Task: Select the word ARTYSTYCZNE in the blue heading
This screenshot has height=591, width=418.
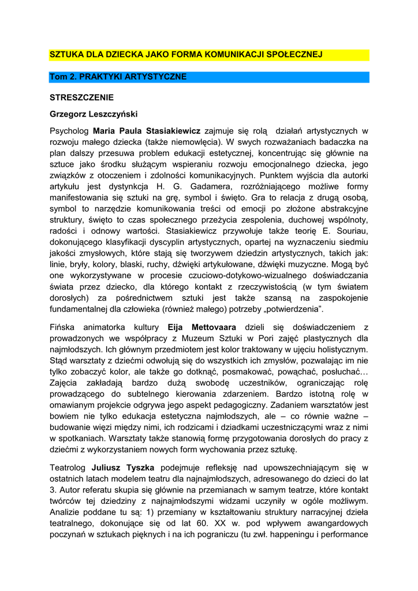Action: click(x=156, y=77)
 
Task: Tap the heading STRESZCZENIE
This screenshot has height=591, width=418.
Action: click(x=81, y=98)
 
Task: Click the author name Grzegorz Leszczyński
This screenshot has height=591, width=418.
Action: click(x=94, y=114)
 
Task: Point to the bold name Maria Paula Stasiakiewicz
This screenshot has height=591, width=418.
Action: click(x=147, y=131)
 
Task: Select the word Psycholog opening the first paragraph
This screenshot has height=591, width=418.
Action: click(x=69, y=131)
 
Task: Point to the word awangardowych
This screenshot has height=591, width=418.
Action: click(x=335, y=523)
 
